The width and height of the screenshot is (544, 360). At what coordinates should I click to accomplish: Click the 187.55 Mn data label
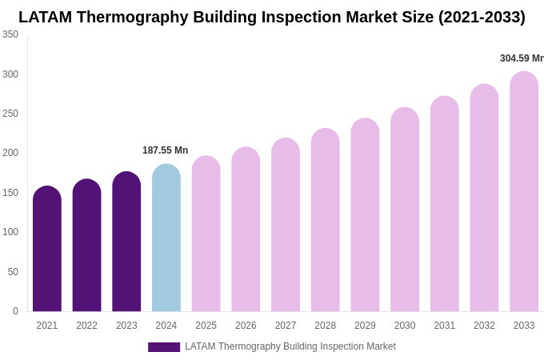[165, 150]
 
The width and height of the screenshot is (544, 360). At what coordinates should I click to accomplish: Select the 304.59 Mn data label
[521, 58]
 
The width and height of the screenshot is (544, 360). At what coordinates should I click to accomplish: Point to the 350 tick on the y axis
[10, 34]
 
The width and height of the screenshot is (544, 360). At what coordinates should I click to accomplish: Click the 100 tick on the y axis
[10, 232]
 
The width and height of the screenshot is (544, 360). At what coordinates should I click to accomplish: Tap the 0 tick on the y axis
[15, 311]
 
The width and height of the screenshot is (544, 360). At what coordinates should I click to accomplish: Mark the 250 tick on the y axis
[10, 114]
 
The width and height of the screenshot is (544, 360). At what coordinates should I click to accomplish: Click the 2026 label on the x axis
[246, 326]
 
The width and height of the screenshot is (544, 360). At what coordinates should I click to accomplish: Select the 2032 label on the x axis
[484, 326]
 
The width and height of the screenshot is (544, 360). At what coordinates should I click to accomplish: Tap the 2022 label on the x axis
[86, 326]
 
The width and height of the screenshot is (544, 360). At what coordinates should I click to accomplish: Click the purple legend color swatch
[164, 347]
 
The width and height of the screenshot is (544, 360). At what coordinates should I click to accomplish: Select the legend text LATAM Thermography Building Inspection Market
[290, 346]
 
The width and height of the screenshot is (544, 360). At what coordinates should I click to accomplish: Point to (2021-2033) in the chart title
[482, 17]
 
